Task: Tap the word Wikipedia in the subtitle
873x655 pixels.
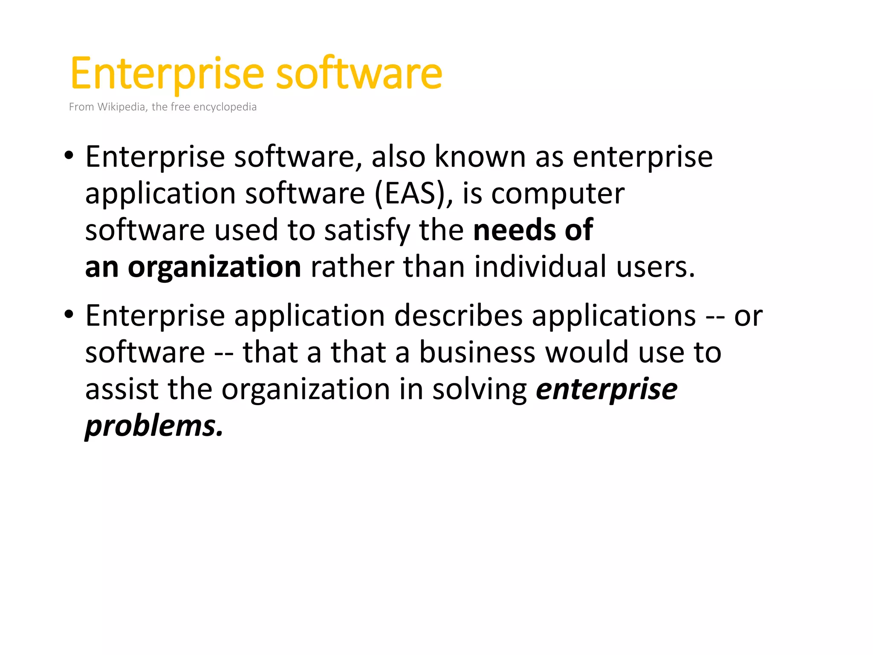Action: coord(122,107)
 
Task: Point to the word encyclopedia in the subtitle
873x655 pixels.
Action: coord(225,107)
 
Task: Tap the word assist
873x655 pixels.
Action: coord(121,389)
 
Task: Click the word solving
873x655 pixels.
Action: coord(480,390)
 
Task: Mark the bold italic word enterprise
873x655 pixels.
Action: coord(606,390)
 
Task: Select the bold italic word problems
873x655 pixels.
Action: coord(153,426)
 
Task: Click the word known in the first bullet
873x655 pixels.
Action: coord(480,157)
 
